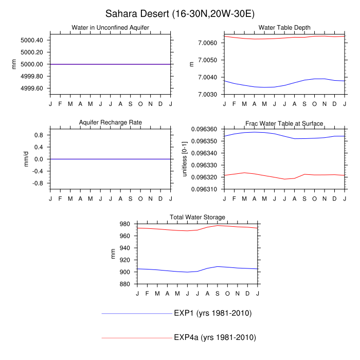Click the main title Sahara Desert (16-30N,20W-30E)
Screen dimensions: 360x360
pos(180,13)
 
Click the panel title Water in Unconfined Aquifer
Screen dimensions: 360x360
pos(111,27)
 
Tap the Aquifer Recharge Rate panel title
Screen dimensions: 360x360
pos(111,122)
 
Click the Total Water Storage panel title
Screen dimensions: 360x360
pos(197,217)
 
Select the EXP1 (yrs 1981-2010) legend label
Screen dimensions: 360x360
pos(212,313)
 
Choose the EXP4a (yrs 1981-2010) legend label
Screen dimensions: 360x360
pos(214,337)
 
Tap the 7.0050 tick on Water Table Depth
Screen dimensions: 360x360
pos(210,60)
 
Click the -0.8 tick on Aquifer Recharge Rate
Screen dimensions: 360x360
pos(38,183)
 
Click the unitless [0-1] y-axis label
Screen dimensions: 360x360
pos(186,159)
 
